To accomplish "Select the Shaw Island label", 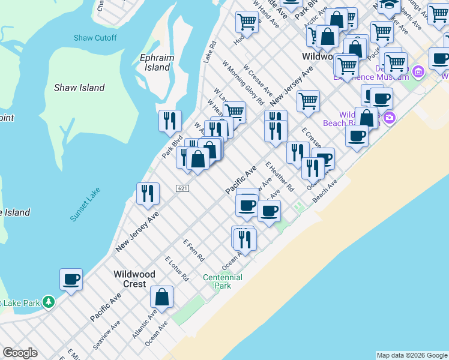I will (x=79, y=88).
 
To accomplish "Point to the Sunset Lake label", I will (x=85, y=204).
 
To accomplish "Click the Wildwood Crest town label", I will (x=134, y=279).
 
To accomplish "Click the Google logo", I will (x=20, y=353).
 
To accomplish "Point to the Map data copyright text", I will (x=412, y=355).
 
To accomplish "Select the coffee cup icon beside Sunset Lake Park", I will (x=71, y=279).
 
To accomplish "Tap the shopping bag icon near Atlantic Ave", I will (x=162, y=296).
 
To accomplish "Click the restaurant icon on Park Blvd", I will (x=170, y=121).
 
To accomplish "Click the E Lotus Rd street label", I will (x=177, y=269).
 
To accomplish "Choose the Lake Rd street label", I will (x=209, y=52).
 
